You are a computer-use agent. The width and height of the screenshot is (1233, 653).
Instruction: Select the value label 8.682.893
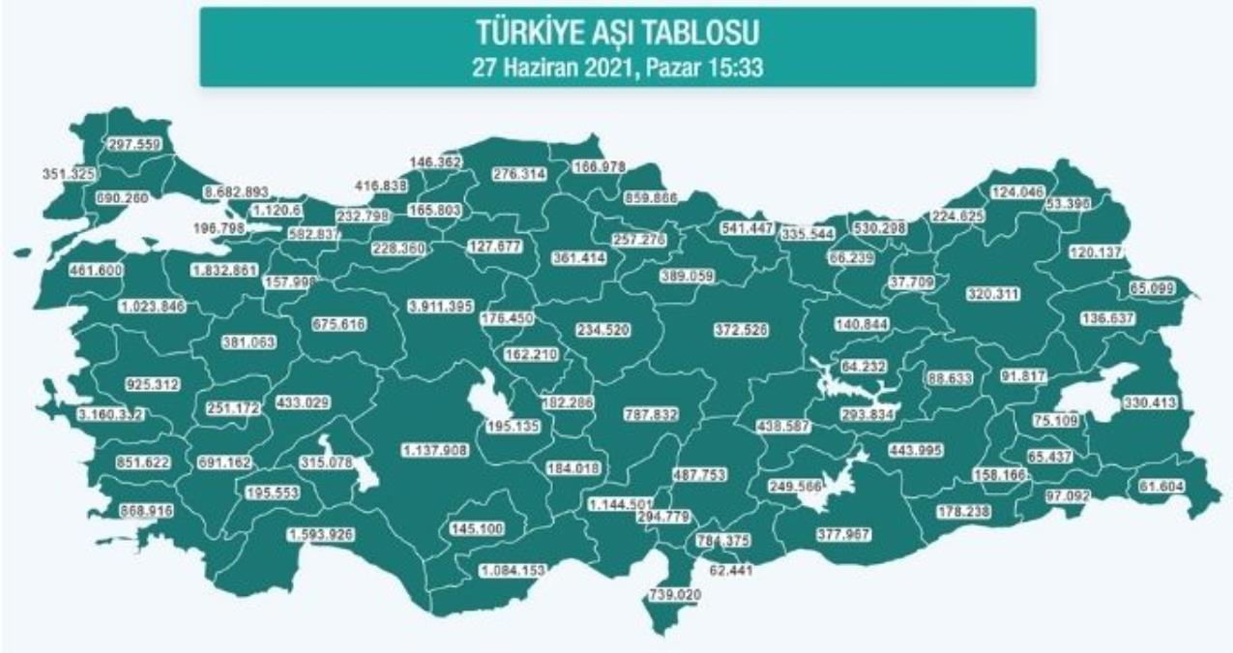[235, 193]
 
